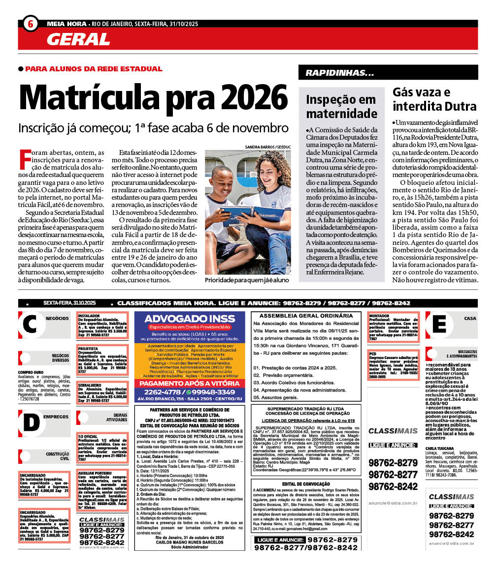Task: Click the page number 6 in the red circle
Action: point(31,24)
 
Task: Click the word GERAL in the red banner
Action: point(78,39)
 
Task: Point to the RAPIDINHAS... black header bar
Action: point(388,73)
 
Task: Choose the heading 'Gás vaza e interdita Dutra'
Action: point(434,99)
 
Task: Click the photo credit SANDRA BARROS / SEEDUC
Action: point(268,147)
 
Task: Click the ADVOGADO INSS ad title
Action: point(190,319)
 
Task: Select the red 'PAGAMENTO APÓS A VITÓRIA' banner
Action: point(190,384)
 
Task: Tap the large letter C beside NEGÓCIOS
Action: point(30,325)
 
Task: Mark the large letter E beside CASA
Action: point(441,325)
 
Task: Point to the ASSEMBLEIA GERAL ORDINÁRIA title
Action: point(306,316)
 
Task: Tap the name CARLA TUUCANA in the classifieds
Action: point(440,449)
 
